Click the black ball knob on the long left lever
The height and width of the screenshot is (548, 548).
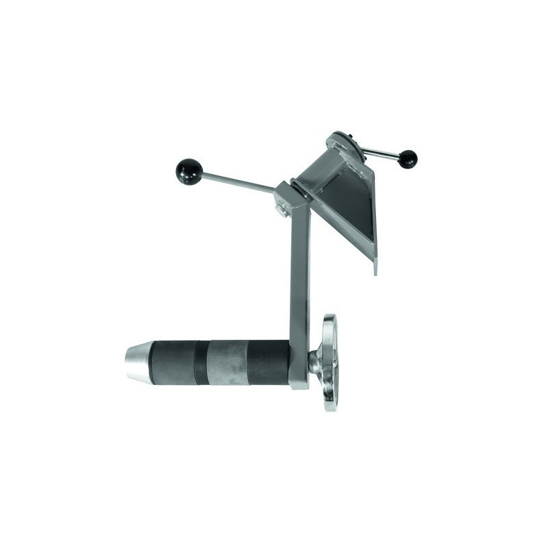coord(189,171)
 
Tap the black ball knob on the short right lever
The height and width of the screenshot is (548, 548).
coord(408,159)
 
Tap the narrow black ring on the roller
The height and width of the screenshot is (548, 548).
coord(201,362)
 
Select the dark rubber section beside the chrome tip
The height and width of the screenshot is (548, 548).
coord(171,362)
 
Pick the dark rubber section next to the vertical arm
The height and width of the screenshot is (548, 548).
coord(269,362)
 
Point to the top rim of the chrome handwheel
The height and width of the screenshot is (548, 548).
coord(330,321)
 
